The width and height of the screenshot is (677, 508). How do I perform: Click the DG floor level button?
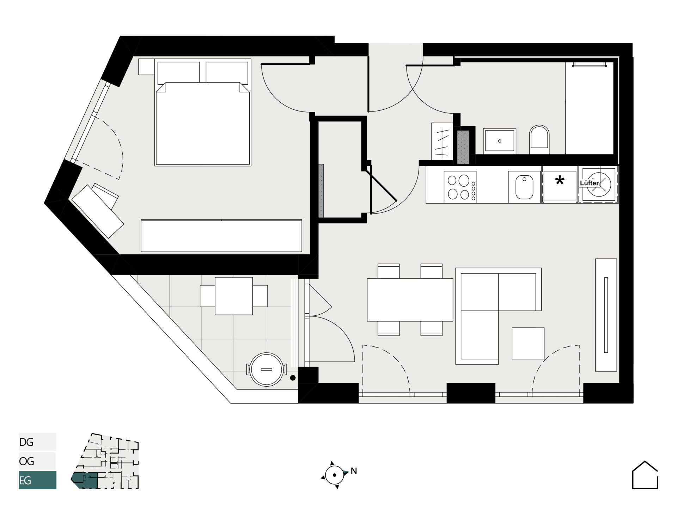point(37,442)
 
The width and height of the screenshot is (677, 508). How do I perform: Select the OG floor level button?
point(37,461)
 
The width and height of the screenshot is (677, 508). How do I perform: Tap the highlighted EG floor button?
point(37,480)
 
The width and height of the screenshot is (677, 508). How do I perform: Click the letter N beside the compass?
point(354,471)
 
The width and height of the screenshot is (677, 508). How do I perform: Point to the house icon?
point(645,475)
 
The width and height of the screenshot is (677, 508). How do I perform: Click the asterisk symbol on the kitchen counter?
point(560,181)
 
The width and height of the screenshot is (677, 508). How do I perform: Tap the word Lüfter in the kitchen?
point(589,183)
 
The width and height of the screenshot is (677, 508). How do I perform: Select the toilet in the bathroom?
point(539,140)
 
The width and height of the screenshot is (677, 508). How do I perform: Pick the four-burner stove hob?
point(460,187)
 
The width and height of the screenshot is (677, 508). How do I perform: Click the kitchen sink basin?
point(524,187)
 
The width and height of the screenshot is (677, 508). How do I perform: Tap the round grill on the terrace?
point(267,369)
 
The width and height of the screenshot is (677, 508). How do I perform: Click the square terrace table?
point(234,296)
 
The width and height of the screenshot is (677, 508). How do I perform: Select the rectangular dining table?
point(410,300)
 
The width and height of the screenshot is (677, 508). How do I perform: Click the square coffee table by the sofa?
point(528,344)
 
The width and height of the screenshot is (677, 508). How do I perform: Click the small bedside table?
point(146,67)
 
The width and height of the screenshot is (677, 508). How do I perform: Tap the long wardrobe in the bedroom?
point(221,236)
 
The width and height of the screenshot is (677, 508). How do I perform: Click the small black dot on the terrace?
point(292,378)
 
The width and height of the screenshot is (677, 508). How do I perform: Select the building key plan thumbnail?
point(105,461)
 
